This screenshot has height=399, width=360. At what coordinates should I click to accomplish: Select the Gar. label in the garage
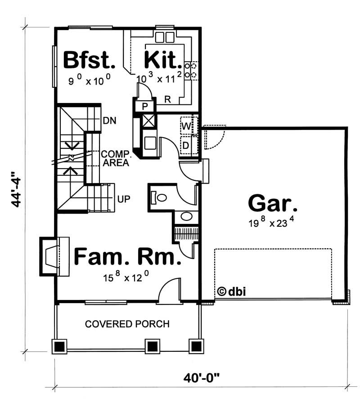pos(273,203)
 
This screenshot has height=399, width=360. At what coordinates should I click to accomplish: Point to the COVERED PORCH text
pos(127,324)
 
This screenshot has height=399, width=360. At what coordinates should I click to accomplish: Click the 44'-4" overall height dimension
pos(17,188)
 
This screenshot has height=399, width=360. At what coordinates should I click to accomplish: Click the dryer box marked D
pos(185,145)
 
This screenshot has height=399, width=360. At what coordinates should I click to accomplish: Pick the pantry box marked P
pos(144,107)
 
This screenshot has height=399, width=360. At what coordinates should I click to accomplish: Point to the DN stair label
pos(110,121)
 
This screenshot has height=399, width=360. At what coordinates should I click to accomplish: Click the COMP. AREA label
pos(116,158)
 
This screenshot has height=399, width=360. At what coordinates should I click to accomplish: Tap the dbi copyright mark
pos(231,291)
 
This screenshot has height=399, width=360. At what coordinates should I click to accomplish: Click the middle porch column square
pos(153,345)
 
